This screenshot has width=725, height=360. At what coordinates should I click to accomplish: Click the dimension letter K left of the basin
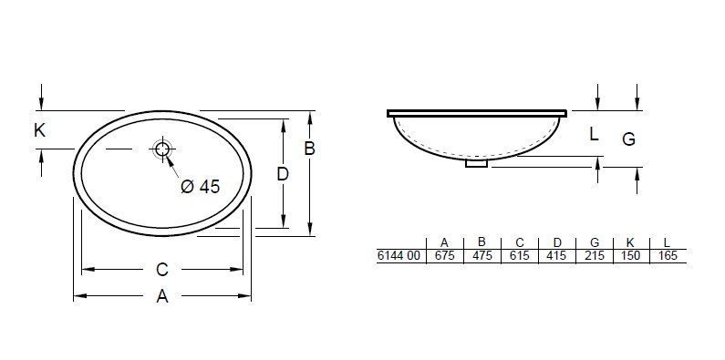coord(39,131)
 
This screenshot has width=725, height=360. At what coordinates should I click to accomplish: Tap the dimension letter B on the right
coord(309,149)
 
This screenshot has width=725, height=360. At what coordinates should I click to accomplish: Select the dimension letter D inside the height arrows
coord(283,173)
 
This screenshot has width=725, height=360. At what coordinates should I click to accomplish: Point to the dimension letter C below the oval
coord(161,270)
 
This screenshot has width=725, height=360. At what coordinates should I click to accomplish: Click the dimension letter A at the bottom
coord(162,296)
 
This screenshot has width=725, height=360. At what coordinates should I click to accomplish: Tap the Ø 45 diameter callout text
coord(201,187)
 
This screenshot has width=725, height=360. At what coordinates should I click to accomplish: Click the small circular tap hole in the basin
coord(162,150)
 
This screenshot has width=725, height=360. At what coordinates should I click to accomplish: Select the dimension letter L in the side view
coord(594,135)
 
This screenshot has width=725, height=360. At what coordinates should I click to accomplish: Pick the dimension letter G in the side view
coord(628,139)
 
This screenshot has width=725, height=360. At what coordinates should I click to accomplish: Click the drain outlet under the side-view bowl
coord(477,164)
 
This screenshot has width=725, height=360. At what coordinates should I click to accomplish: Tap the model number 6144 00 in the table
coord(399,256)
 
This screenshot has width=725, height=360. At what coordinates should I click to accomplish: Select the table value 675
coord(444,256)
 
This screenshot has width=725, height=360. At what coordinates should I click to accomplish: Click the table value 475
coord(482,256)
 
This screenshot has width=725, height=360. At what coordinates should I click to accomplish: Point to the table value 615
coord(519,256)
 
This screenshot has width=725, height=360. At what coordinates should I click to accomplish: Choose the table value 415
coord(556,256)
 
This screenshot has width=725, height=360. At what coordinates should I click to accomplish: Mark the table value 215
coord(594,256)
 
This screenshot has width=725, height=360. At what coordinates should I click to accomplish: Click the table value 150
coord(630,256)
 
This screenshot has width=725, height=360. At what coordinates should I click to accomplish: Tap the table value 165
coord(668,256)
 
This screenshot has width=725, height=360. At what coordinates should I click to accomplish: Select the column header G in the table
coord(594,242)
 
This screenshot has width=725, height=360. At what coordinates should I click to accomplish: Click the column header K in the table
coord(630,242)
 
